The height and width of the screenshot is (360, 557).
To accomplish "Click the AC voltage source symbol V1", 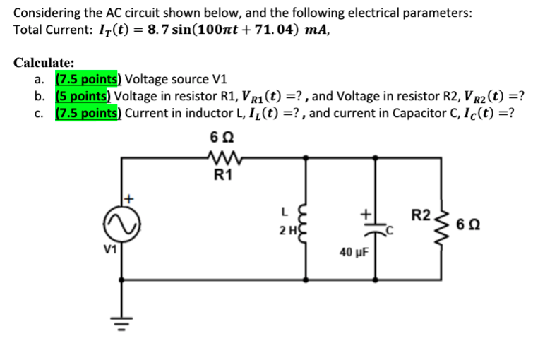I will [121, 224].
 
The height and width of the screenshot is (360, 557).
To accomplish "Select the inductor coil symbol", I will [309, 224].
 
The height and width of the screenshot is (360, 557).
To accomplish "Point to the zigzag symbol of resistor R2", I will [443, 224].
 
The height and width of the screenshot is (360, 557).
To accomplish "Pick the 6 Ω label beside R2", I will [473, 226].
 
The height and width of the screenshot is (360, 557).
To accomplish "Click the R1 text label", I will [224, 177].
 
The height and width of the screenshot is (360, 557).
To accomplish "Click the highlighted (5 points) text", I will [83, 97].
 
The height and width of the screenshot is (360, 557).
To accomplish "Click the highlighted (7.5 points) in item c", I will [88, 113].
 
